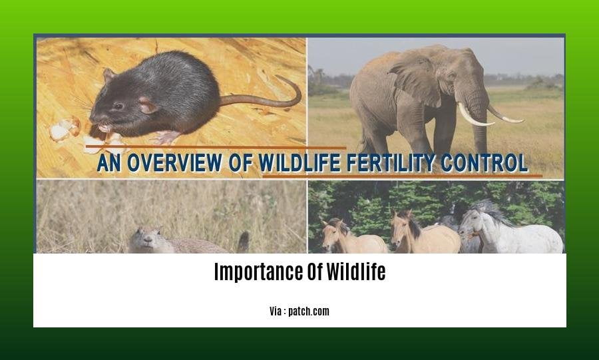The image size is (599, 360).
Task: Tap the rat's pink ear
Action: (148, 105)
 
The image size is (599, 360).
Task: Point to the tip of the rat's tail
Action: (278, 77)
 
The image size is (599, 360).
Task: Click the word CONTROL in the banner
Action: (484, 163)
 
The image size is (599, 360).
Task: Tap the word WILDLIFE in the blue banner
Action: (299, 163)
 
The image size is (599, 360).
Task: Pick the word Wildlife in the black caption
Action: (356, 271)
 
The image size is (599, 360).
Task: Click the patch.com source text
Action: (309, 311)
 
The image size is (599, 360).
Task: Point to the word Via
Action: (276, 311)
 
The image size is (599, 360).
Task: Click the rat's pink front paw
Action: (165, 136)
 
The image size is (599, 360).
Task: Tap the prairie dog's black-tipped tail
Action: (243, 242)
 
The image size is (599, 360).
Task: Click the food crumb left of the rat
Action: (64, 128)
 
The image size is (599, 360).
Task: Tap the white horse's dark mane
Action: (491, 211)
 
